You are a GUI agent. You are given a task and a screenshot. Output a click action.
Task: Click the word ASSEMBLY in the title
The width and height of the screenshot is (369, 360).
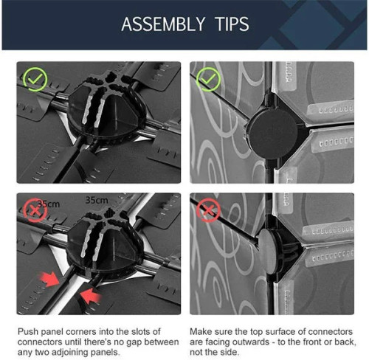(163, 24)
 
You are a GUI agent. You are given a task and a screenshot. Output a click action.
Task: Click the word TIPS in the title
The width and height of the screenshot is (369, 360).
(232, 24)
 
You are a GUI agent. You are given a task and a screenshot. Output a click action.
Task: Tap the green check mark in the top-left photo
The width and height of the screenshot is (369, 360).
(35, 79)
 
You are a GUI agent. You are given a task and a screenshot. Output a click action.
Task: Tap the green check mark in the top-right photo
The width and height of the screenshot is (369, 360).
(208, 79)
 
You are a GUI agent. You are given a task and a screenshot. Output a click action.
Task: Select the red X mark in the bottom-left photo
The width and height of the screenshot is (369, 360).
(35, 210)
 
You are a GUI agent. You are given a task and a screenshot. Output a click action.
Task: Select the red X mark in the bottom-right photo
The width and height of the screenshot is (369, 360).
(208, 210)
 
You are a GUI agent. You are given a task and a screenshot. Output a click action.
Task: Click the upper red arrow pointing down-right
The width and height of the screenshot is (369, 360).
(49, 279)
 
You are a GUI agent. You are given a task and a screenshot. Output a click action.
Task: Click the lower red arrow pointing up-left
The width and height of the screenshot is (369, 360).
(91, 296)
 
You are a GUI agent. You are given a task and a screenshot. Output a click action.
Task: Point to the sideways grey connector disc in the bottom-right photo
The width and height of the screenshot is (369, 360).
(267, 251)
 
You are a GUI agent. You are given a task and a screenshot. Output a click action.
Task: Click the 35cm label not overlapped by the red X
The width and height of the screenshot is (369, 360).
(97, 200)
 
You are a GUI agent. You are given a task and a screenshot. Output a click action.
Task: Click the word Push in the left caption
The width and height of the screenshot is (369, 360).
(28, 331)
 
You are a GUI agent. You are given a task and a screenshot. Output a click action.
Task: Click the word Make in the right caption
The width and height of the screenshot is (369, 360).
(201, 331)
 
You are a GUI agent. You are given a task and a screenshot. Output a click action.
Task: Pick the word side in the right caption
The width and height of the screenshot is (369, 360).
(231, 353)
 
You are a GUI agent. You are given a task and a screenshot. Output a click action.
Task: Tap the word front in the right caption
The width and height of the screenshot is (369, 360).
(313, 342)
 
